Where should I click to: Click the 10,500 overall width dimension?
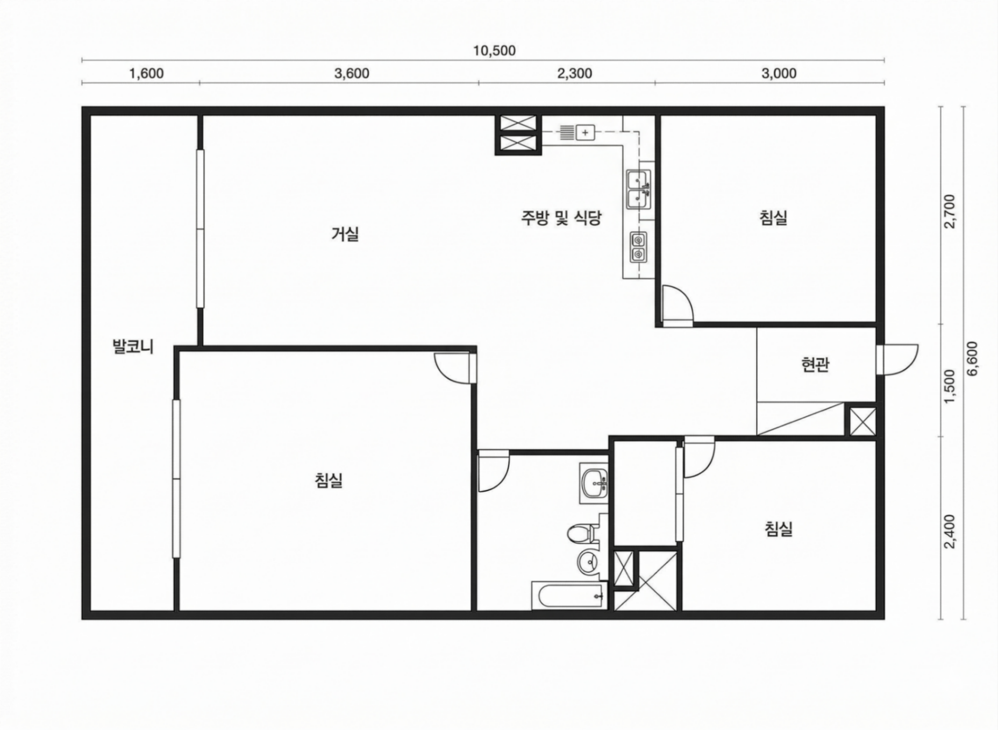coord(494,51)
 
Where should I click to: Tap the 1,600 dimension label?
coord(146,73)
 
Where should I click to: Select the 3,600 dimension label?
coord(352,73)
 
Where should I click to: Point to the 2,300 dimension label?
coord(574,73)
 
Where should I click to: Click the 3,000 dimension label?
coord(779,73)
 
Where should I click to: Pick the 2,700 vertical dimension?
coord(950,211)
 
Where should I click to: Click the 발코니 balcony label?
coord(133,346)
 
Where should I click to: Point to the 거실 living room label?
coord(345,234)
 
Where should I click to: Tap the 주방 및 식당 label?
coord(561,218)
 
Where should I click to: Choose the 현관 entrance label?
coord(815,365)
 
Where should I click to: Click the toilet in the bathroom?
coord(582,532)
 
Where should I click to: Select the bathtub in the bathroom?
coord(569,595)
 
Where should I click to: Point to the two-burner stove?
coord(638,247)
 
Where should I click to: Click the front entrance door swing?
coord(897,359)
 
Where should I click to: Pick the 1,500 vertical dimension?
coord(950,385)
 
